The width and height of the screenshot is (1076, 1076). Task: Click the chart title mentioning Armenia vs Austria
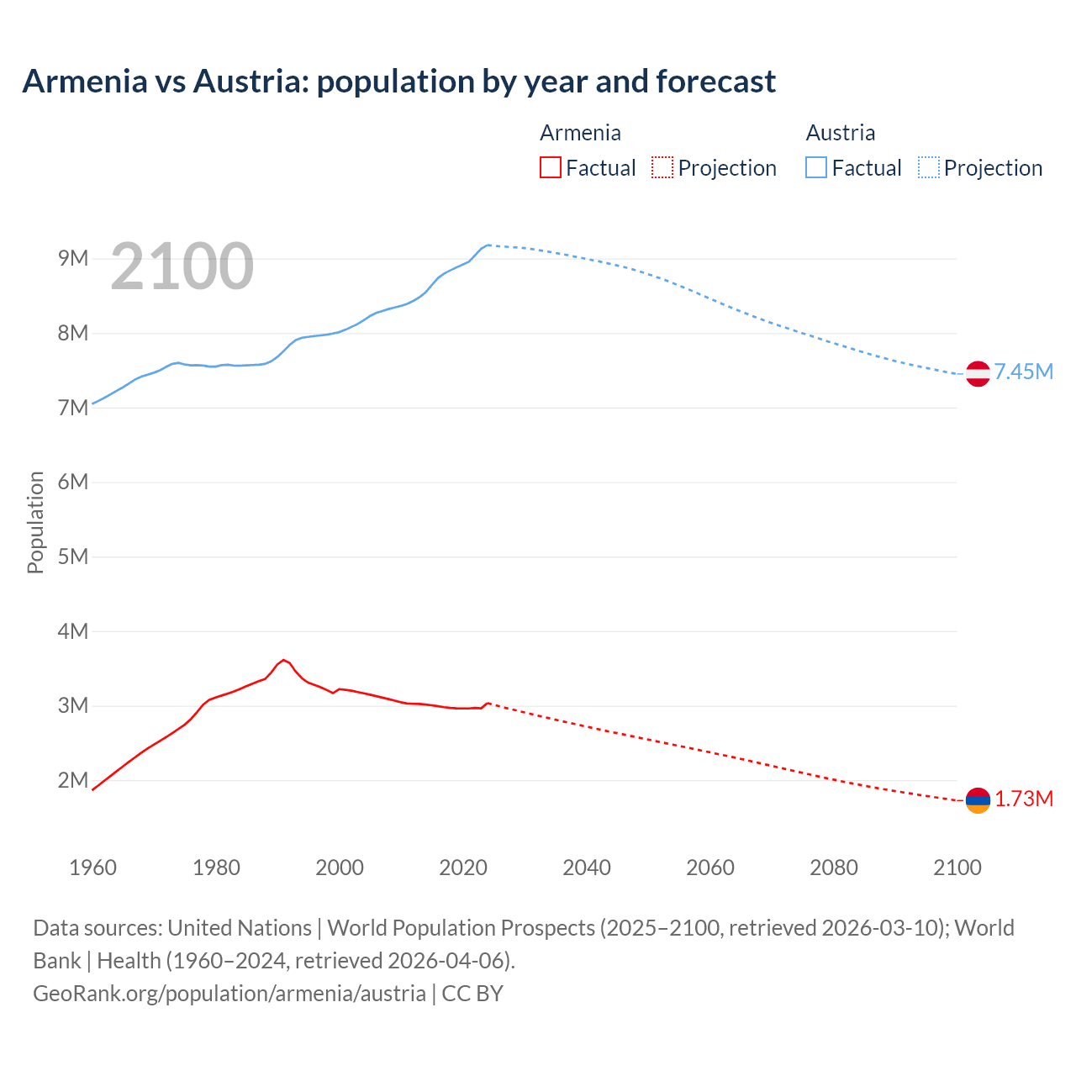398,82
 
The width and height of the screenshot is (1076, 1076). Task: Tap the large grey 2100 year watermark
182,266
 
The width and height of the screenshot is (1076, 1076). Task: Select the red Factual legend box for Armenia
550,167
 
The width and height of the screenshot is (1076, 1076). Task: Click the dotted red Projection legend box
662,167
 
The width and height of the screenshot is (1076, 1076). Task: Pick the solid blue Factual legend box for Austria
816,167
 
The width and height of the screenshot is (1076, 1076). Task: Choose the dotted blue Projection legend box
929,167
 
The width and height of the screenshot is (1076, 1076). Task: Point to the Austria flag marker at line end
978,373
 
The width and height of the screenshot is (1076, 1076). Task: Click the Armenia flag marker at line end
978,800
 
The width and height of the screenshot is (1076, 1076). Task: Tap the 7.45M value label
1024,372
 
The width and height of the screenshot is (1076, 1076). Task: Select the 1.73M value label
1024,799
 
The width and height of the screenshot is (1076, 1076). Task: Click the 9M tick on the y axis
73,258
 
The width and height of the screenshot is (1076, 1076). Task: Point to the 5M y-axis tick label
73,556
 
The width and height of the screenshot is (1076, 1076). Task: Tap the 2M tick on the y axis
73,780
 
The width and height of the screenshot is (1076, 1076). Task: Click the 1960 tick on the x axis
92,868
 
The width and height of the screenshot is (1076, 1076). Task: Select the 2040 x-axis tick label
587,868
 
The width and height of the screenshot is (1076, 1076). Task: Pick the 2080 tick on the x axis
834,868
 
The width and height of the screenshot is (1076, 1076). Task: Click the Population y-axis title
35,522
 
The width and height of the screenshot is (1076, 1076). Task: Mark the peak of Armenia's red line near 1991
283,660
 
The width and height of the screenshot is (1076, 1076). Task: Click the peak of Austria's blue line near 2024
488,245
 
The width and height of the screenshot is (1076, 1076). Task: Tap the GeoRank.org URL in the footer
229,993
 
